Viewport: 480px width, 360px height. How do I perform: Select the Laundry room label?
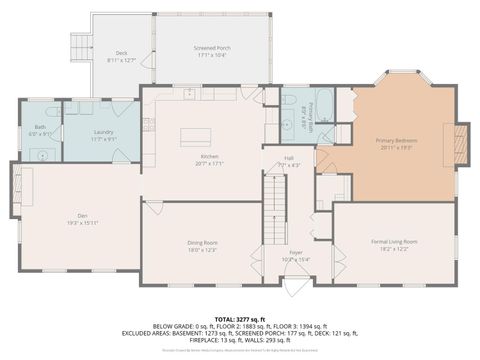pyautogui.click(x=101, y=132)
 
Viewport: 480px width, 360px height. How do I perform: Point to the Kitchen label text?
pyautogui.click(x=208, y=157)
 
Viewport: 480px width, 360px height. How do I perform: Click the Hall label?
pyautogui.click(x=288, y=157)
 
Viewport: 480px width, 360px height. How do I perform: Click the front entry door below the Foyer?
pyautogui.click(x=296, y=285)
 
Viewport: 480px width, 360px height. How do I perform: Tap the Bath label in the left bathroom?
pyautogui.click(x=40, y=127)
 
